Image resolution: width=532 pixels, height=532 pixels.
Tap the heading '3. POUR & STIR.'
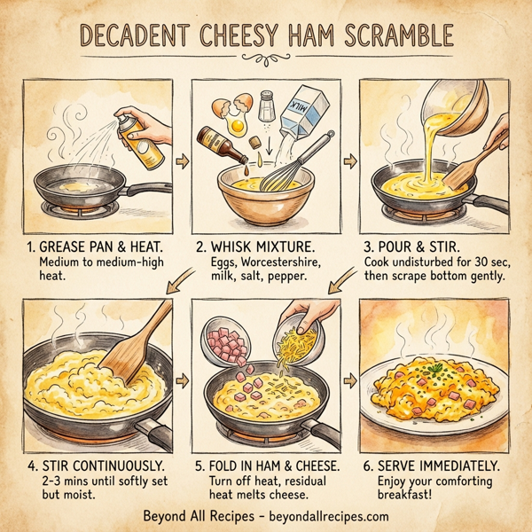[412, 246]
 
